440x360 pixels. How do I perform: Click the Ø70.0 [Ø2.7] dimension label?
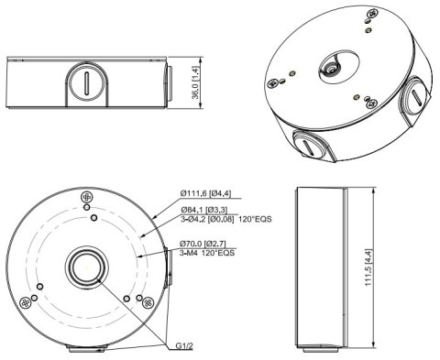click(x=204, y=243)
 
